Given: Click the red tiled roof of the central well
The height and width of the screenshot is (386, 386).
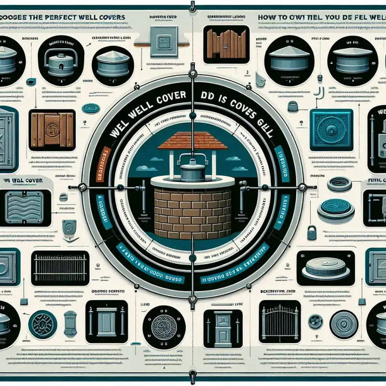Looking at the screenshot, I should tap(192, 140).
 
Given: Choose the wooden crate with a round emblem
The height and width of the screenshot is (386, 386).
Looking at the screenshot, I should tap(51, 129).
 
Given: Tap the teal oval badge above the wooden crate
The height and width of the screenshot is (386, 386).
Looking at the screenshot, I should tap(90, 109).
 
